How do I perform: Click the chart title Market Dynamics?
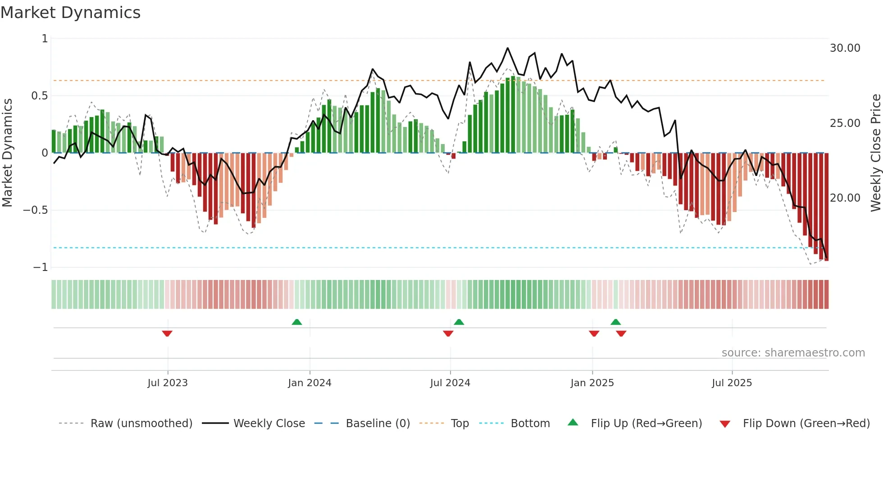(71, 13)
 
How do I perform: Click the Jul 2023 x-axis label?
(168, 383)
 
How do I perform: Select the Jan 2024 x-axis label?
(310, 383)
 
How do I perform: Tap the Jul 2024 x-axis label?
(450, 383)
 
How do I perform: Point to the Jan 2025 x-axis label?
(592, 383)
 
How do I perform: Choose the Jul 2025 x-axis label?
(732, 383)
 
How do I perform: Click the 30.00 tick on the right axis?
(845, 48)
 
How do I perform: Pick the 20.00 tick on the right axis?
(845, 198)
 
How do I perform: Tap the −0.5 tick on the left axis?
(35, 210)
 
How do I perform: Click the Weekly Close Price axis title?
(875, 153)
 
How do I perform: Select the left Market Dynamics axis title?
(7, 153)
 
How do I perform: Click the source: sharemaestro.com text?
(793, 353)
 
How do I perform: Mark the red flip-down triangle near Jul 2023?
(167, 334)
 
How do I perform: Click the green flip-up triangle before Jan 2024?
(297, 322)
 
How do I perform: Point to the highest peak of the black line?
(508, 48)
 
